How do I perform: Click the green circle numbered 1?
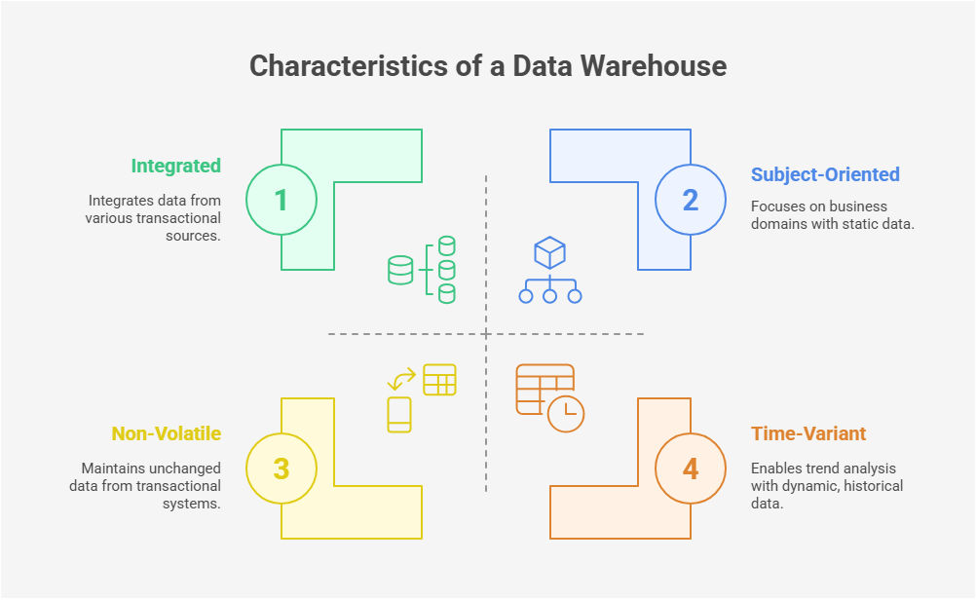282,200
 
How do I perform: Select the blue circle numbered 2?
690,200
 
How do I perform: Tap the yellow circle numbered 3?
282,469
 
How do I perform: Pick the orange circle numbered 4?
690,469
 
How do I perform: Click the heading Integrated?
176,166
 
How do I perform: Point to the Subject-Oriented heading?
825,174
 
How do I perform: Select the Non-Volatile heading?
167,433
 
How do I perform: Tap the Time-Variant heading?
808,433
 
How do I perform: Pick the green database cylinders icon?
423,269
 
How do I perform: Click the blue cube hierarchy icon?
550,272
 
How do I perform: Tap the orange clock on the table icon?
565,414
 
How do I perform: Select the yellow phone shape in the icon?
399,414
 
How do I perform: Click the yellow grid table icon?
439,380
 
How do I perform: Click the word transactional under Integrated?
171,217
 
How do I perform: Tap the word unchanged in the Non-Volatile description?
187,469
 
